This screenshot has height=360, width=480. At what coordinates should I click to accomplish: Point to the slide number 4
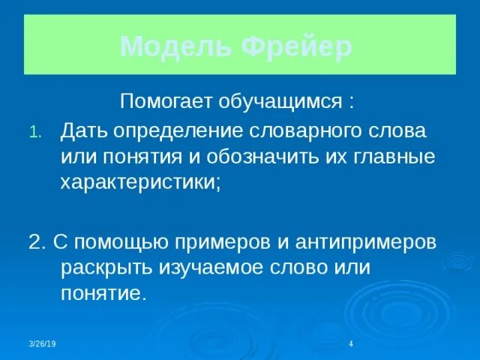click(x=351, y=343)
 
